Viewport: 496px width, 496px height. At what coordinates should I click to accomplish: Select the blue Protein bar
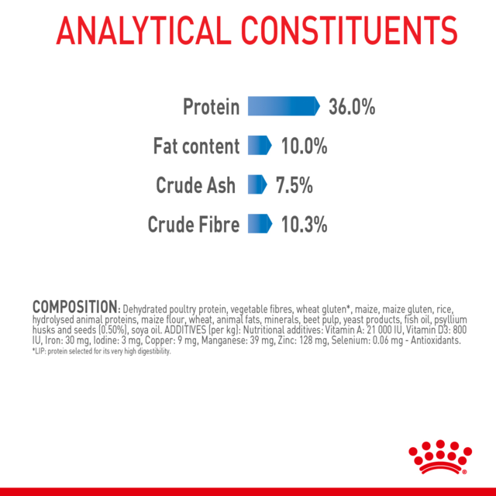click(283, 106)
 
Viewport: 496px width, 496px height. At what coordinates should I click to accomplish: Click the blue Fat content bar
click(259, 146)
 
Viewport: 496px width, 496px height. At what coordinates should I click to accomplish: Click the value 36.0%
click(352, 107)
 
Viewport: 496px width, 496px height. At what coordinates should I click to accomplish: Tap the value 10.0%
click(305, 146)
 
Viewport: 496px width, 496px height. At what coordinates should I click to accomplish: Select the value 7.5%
click(294, 185)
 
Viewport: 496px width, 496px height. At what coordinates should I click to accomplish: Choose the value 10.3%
click(305, 225)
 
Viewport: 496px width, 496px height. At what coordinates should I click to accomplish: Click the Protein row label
click(212, 107)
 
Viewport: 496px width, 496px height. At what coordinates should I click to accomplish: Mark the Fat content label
click(196, 146)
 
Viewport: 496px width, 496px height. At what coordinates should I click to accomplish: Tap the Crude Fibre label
click(194, 225)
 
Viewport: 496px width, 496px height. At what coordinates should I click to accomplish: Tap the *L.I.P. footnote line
click(102, 351)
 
